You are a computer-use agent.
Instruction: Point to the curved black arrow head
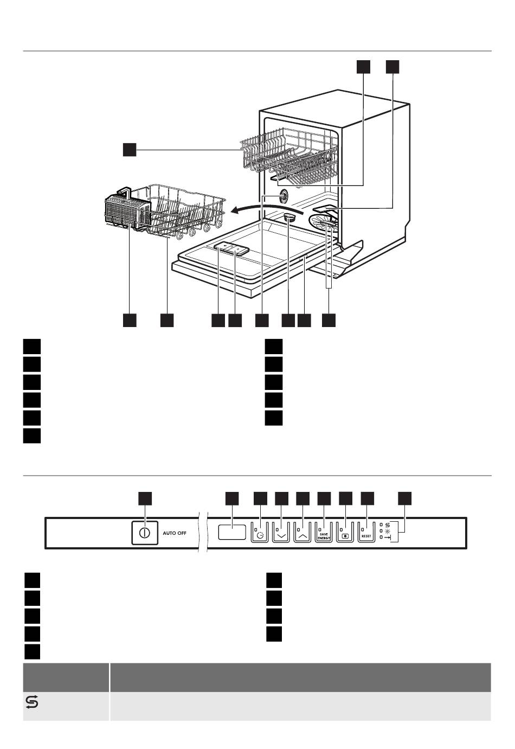236,210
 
